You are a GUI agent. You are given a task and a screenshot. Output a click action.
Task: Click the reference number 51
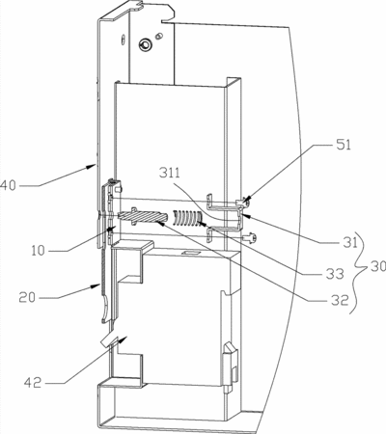(344, 145)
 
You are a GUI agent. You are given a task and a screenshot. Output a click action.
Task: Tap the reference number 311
(170, 174)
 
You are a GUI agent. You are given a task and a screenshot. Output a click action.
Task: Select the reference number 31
(350, 242)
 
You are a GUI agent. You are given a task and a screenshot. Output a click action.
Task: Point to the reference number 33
(335, 274)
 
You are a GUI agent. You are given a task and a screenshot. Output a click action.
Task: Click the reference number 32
(340, 300)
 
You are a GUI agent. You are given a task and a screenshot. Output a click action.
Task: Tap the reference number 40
(8, 185)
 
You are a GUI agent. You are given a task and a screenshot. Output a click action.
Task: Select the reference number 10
(38, 251)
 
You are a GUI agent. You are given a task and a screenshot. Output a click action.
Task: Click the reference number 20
(27, 297)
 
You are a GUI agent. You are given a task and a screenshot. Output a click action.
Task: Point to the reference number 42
(33, 383)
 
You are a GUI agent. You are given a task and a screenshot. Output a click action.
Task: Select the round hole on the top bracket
(145, 44)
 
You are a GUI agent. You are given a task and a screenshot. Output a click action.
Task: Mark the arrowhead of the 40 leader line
(92, 166)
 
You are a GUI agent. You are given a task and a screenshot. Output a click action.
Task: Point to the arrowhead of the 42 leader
(124, 339)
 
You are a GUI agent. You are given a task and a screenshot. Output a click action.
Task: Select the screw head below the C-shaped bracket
(250, 238)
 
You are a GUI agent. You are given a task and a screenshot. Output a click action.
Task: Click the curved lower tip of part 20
(105, 310)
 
